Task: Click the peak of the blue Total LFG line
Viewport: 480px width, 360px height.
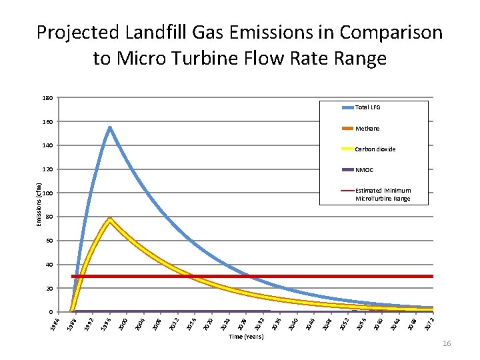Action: tap(109, 128)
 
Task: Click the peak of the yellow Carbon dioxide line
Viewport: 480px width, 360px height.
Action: tap(109, 219)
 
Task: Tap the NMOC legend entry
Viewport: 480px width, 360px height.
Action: tap(364, 170)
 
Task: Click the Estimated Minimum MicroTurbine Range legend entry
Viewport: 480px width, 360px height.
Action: tap(383, 195)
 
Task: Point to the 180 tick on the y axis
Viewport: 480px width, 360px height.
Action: tap(47, 98)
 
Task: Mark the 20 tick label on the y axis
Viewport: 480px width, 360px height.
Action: tap(49, 289)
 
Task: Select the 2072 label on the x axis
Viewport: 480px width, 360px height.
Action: tap(431, 324)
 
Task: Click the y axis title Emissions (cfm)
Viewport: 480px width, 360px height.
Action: tap(38, 198)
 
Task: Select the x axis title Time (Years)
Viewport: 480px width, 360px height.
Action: tap(246, 337)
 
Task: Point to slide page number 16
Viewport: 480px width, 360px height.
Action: tap(446, 343)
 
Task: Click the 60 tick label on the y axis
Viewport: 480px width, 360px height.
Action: tap(49, 241)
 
